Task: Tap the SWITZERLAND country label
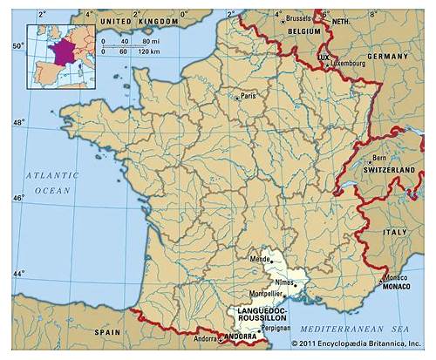coord(393,168)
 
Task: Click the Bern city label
coord(379,158)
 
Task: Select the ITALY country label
coord(395,232)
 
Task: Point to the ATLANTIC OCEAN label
coord(51,181)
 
